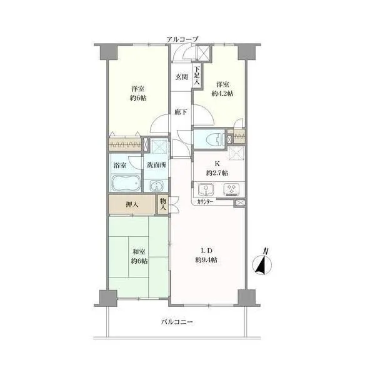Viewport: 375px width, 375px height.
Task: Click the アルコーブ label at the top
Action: [182, 39]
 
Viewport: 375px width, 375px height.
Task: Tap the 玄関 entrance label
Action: [182, 77]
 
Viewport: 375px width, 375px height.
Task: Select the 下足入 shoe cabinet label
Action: [197, 76]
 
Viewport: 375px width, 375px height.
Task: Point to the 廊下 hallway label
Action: [181, 112]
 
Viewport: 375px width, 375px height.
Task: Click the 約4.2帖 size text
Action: [222, 94]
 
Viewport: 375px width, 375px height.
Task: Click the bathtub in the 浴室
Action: [126, 183]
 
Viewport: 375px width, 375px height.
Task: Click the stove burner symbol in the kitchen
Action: [231, 189]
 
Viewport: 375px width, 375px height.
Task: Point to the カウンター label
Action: [205, 202]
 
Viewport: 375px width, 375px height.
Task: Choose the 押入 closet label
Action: [132, 204]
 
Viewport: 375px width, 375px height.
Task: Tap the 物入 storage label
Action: [163, 204]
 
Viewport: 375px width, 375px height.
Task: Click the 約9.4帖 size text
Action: [206, 260]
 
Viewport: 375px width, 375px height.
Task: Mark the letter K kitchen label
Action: [217, 164]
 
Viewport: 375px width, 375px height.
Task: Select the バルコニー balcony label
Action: [177, 322]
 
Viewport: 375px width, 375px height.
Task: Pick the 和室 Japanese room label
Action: [139, 252]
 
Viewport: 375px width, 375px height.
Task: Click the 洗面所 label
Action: [156, 165]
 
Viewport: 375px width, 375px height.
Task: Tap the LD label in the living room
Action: [206, 251]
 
